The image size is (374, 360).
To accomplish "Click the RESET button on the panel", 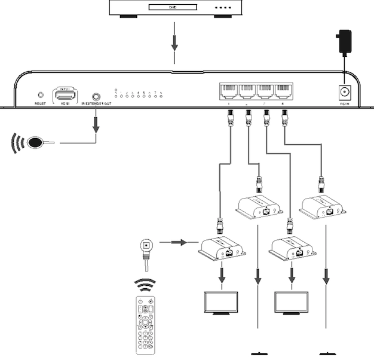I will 41,94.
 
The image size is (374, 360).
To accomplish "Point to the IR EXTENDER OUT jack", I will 96,96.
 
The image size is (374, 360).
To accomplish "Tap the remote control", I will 145,324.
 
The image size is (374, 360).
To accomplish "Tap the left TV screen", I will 222,301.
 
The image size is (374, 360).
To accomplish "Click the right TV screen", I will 292,301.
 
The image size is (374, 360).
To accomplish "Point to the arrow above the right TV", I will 292,277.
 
